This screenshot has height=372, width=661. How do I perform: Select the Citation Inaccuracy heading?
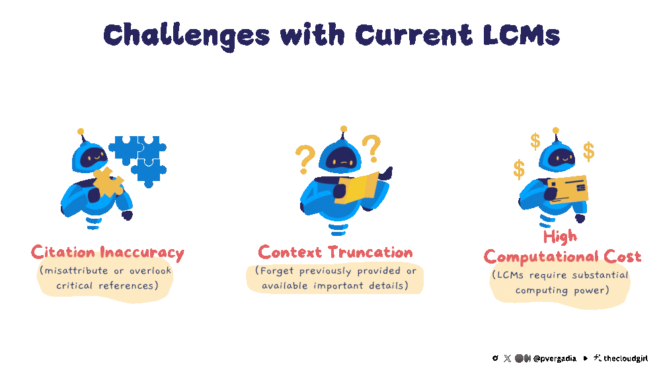coord(107,252)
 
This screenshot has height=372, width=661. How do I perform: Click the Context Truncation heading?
coord(335,252)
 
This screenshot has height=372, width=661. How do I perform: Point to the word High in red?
coord(559,237)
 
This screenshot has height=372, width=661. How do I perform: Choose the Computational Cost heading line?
coord(562,256)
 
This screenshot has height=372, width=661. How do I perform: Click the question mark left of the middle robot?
coord(305,159)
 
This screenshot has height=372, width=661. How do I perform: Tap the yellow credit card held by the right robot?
coord(568,189)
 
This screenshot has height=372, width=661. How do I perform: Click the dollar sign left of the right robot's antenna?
coord(535,141)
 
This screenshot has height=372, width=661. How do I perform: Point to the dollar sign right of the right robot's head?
coord(588,151)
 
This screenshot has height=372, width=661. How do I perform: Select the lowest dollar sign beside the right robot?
coord(520,169)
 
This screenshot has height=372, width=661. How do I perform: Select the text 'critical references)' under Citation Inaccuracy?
coord(107,285)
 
